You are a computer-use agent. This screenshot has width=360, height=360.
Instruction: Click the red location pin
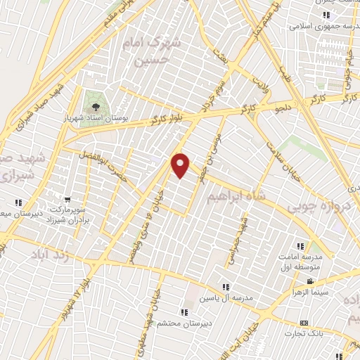click(181, 165)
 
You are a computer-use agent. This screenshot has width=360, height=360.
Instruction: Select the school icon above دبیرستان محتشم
click(184, 312)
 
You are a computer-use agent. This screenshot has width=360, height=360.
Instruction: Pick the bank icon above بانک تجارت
click(303, 323)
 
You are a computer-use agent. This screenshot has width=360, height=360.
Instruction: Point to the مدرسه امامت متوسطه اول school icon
click(300, 246)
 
